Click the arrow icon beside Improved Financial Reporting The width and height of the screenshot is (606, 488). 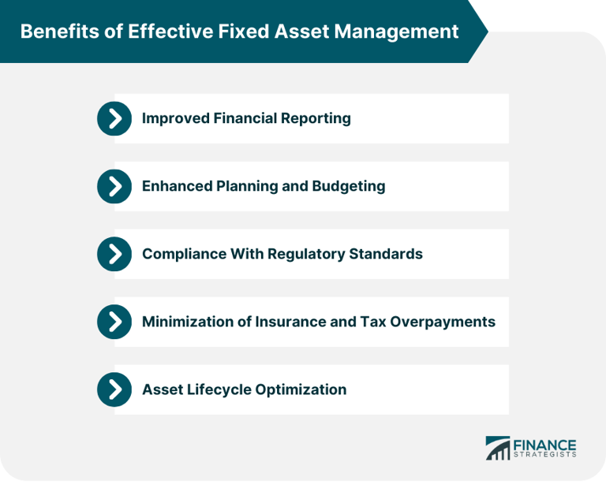[114, 118]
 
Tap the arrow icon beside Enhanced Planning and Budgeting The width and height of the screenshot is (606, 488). [114, 186]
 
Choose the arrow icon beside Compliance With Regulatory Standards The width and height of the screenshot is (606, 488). [114, 254]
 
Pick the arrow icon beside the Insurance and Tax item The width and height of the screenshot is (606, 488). [114, 322]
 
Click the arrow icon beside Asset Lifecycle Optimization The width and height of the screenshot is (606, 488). [114, 389]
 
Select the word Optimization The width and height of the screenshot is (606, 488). [302, 390]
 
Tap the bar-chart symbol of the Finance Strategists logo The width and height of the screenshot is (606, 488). [497, 449]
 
